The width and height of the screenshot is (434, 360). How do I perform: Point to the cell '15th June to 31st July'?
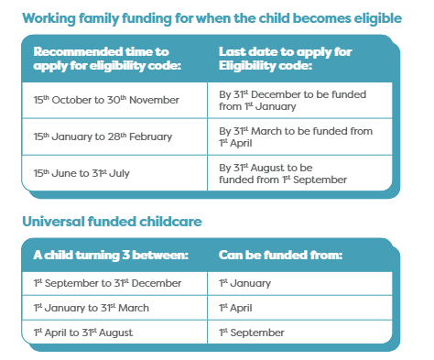80,173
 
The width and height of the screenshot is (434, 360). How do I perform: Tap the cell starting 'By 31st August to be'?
283,173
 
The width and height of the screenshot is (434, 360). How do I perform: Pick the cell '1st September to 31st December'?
107,283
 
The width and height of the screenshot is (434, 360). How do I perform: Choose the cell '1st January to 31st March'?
93,308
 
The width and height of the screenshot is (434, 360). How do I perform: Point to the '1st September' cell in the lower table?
252,332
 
